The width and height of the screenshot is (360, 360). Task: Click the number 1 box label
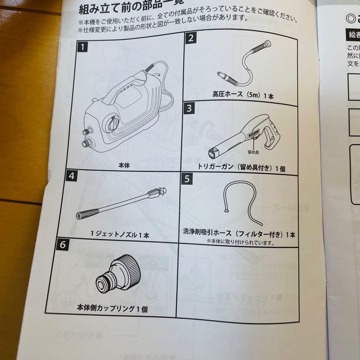[83, 47]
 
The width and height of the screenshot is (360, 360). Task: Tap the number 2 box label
[191, 38]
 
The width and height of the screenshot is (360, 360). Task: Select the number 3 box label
[189, 109]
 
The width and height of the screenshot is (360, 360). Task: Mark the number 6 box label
[64, 245]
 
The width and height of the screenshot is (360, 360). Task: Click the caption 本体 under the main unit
[124, 165]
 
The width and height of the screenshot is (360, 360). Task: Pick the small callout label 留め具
[254, 152]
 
